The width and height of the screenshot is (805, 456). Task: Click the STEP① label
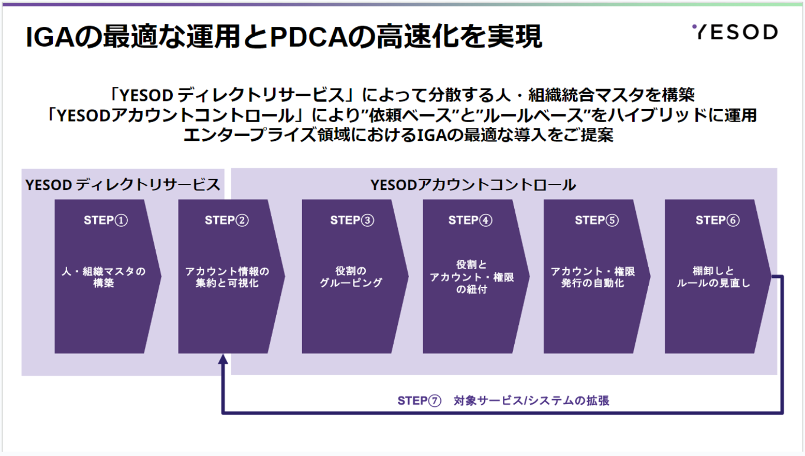[106, 220]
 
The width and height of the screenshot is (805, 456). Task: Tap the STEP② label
[227, 220]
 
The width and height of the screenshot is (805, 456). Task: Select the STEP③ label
[352, 220]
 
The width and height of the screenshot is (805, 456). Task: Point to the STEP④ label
[470, 220]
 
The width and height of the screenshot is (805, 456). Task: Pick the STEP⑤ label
[597, 220]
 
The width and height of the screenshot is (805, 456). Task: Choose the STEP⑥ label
[718, 220]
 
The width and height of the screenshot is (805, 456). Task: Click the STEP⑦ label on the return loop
[420, 401]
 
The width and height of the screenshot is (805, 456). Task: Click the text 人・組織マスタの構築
[103, 277]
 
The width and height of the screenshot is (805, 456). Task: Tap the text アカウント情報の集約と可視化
[227, 277]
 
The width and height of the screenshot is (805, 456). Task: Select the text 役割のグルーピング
[351, 277]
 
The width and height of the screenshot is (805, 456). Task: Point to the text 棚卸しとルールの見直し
[714, 277]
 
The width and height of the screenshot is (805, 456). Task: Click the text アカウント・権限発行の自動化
[593, 277]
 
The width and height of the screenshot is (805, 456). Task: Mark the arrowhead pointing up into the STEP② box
[223, 359]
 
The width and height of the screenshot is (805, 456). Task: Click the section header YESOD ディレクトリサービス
[123, 185]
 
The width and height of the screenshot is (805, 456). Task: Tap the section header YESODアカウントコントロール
[473, 185]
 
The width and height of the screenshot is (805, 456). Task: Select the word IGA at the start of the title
[50, 37]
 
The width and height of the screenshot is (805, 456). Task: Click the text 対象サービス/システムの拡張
[531, 401]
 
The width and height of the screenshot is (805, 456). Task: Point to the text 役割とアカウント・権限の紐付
[472, 277]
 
